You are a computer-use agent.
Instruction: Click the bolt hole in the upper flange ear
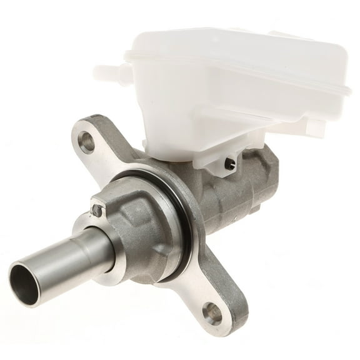[88, 143]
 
